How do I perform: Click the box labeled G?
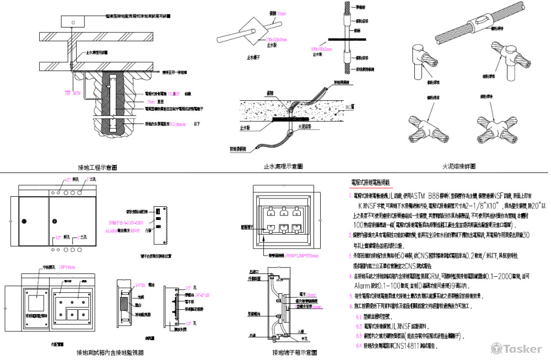click(73, 21)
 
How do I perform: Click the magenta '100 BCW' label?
click(73, 93)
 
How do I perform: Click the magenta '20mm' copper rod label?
click(266, 13)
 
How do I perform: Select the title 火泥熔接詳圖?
click(459, 165)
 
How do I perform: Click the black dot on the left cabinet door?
click(55, 222)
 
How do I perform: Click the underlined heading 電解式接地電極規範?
click(370, 182)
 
